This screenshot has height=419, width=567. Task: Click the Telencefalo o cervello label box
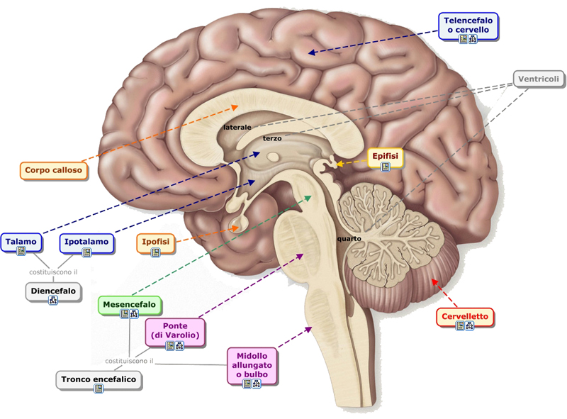[468, 27]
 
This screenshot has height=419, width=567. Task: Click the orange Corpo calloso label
[53, 170]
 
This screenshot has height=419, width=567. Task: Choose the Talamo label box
[21, 242]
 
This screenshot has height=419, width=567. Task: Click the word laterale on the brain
[237, 128]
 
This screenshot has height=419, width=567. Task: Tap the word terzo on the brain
[272, 138]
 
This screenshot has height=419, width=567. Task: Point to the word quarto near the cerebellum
[349, 239]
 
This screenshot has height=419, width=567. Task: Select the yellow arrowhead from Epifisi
[339, 164]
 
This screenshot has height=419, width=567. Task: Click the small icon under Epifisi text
[386, 167]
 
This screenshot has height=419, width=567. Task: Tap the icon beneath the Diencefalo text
[53, 300]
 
